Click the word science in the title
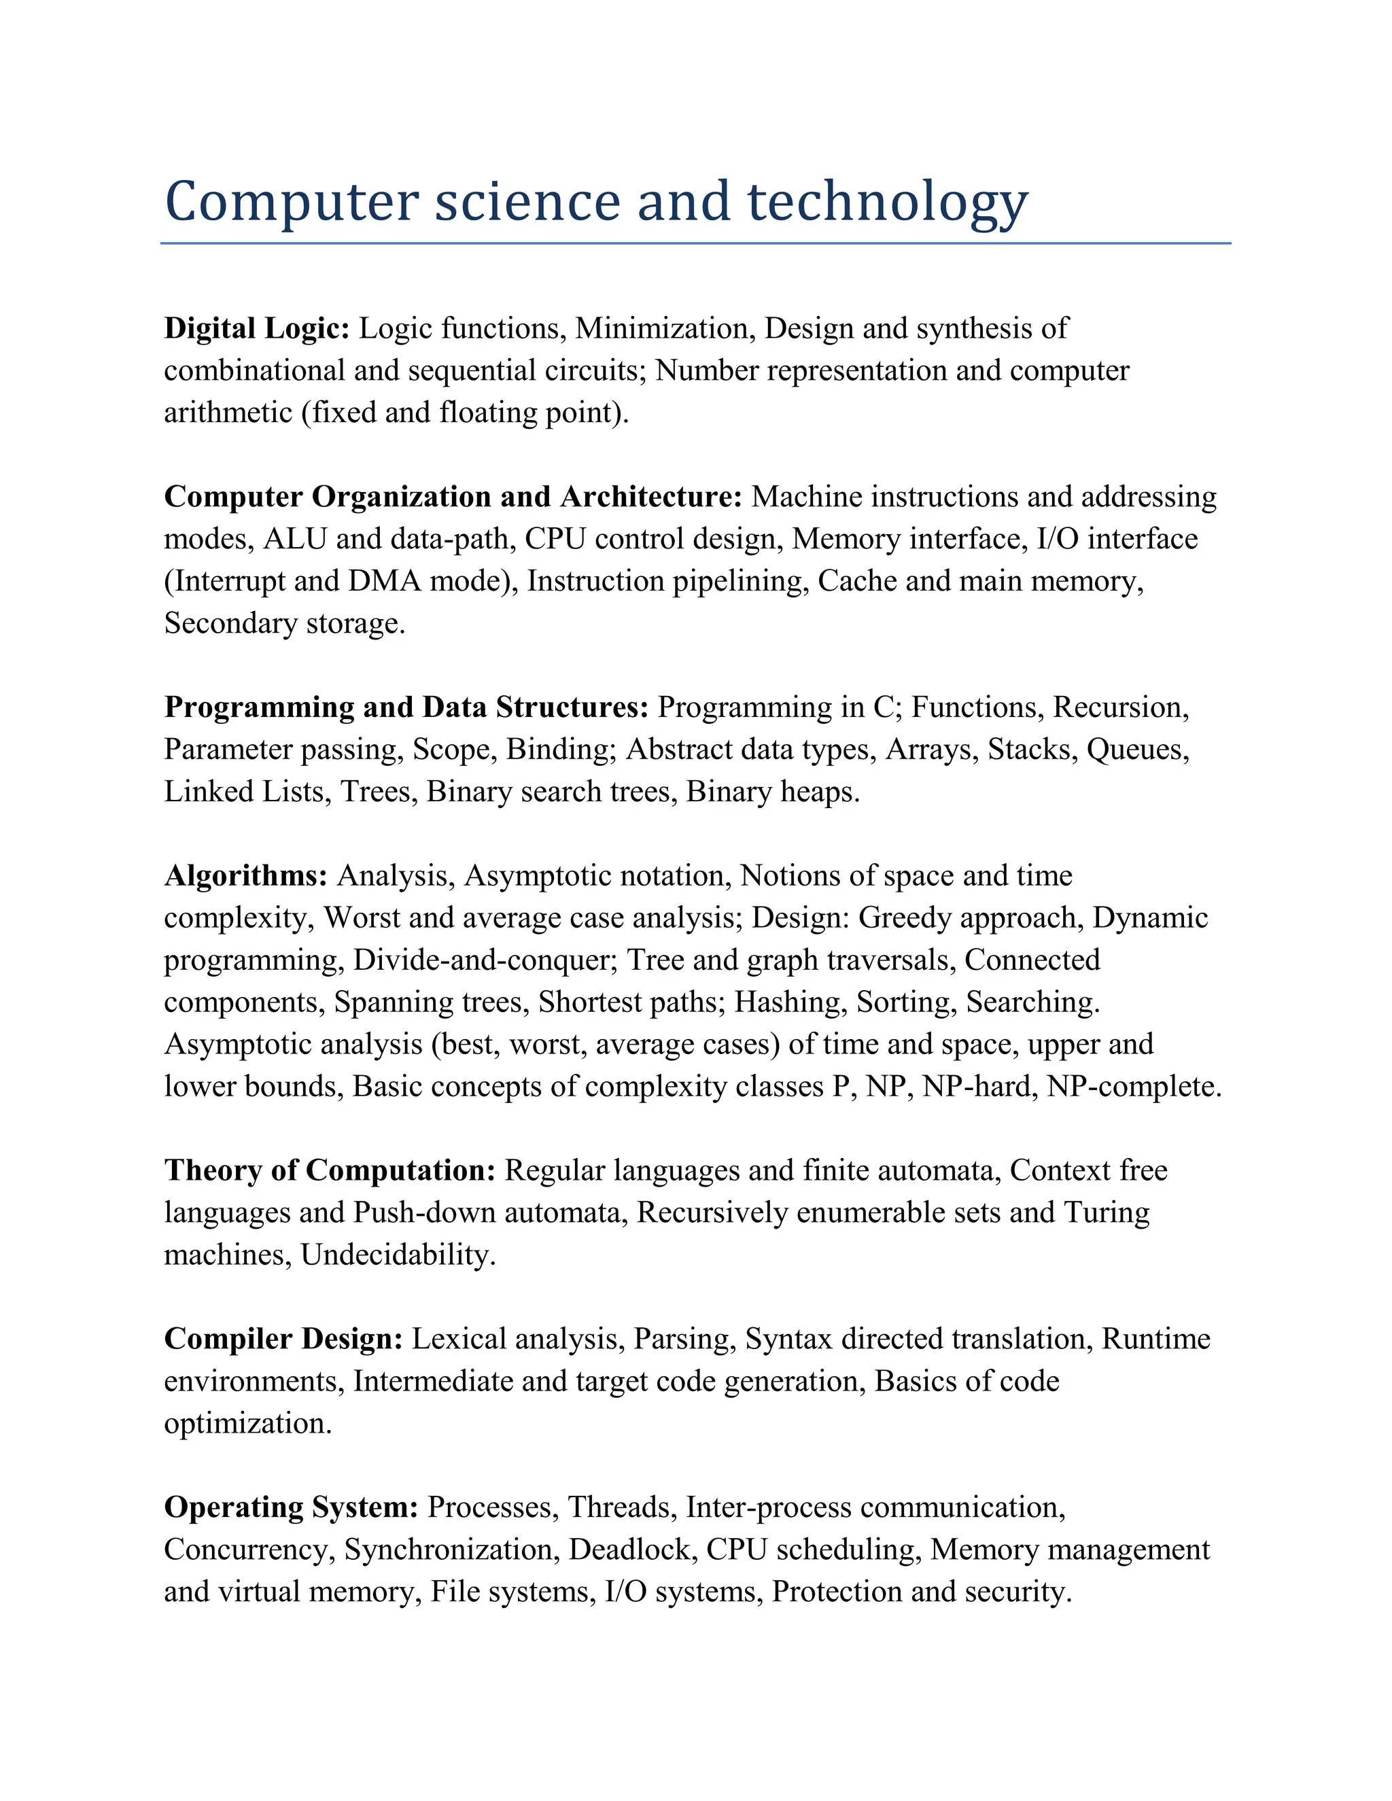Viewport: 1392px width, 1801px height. point(527,202)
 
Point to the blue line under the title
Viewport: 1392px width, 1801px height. point(695,243)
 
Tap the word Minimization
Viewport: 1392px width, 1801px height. point(665,328)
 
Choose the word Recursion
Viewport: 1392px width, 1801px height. point(1120,707)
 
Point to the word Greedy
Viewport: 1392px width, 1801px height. point(908,917)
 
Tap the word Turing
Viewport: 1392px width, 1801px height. point(1107,1212)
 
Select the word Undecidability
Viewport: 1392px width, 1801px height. point(398,1255)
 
